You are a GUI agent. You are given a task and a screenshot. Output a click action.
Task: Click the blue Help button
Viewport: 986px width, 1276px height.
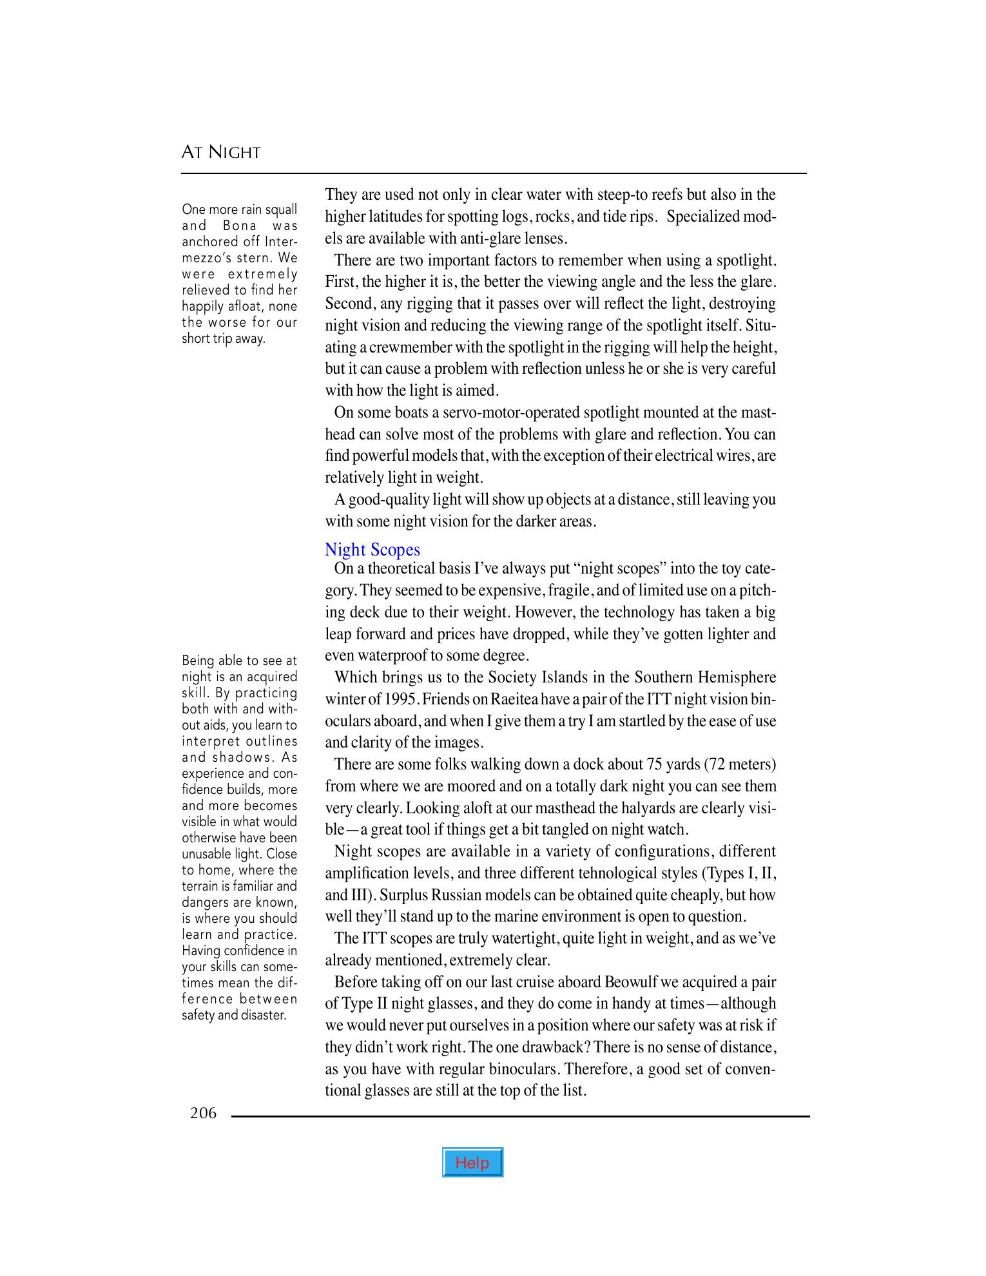tap(472, 1163)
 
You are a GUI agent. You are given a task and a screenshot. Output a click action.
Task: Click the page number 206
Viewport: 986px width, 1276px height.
tap(203, 1113)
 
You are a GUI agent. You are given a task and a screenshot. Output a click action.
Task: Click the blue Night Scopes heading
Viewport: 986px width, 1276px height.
tap(372, 550)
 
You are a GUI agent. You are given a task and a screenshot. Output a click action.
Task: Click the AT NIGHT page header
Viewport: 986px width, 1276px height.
tap(221, 153)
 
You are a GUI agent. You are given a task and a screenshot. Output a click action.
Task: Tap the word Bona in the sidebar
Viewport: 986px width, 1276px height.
tap(240, 226)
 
